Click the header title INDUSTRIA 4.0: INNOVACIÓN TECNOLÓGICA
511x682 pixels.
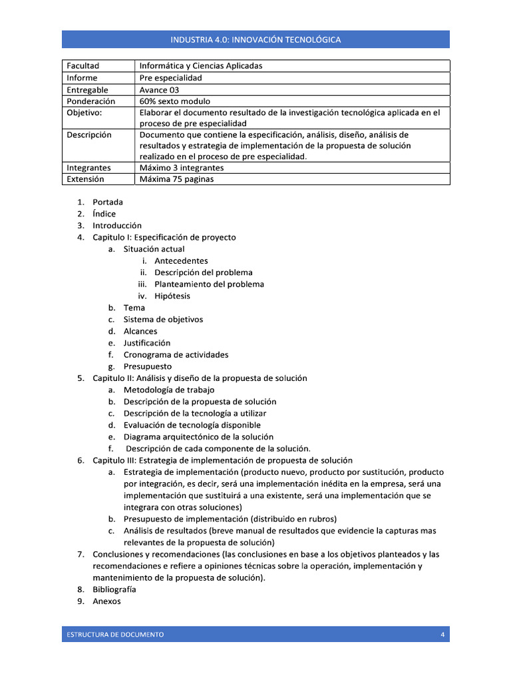(255, 39)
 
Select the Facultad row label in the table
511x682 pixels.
(83, 66)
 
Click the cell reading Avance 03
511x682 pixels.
(159, 90)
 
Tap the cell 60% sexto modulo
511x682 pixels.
(175, 101)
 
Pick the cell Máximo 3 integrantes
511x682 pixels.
(182, 168)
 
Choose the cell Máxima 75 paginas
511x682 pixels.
(177, 179)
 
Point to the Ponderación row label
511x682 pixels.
(91, 101)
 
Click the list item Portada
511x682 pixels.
(108, 202)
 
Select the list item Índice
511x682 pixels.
(104, 214)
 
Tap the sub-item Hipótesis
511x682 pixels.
(172, 296)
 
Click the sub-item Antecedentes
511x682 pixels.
(181, 261)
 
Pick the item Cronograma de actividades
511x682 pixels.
(176, 355)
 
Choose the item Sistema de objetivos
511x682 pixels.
(163, 320)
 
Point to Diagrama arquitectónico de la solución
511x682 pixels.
(198, 437)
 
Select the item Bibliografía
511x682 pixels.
(114, 589)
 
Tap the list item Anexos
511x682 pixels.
(107, 601)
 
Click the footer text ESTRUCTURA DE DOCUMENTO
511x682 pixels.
(115, 635)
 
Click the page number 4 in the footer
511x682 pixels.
(442, 635)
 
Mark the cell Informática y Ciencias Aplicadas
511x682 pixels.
(201, 66)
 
